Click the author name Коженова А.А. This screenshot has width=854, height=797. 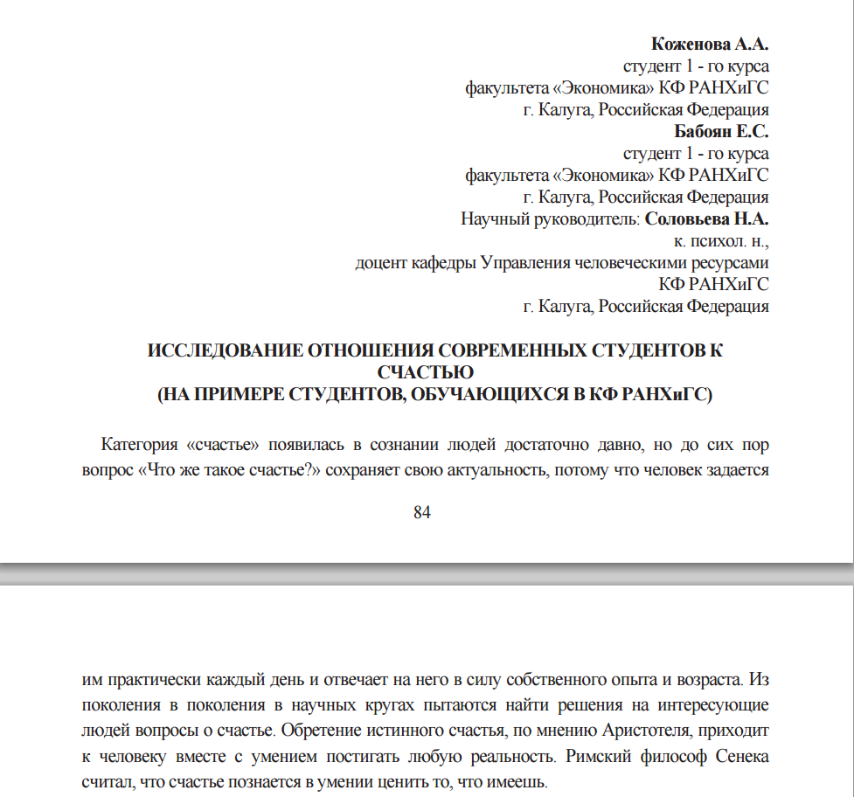(x=710, y=43)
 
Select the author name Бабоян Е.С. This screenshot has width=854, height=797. (x=721, y=131)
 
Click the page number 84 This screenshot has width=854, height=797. (x=422, y=512)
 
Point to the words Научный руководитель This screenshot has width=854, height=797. (x=551, y=218)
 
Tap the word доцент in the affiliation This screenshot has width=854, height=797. (x=380, y=262)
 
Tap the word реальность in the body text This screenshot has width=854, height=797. (x=513, y=755)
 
